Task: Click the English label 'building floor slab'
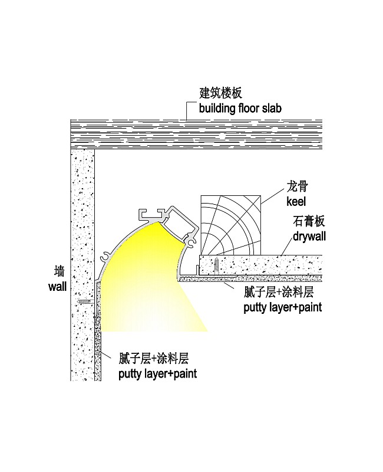[240, 108]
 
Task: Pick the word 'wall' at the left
[58, 287]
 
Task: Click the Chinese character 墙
[58, 273]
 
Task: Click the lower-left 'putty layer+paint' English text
[157, 373]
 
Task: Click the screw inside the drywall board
[216, 264]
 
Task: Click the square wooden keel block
[231, 224]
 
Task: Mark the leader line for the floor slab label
[188, 110]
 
